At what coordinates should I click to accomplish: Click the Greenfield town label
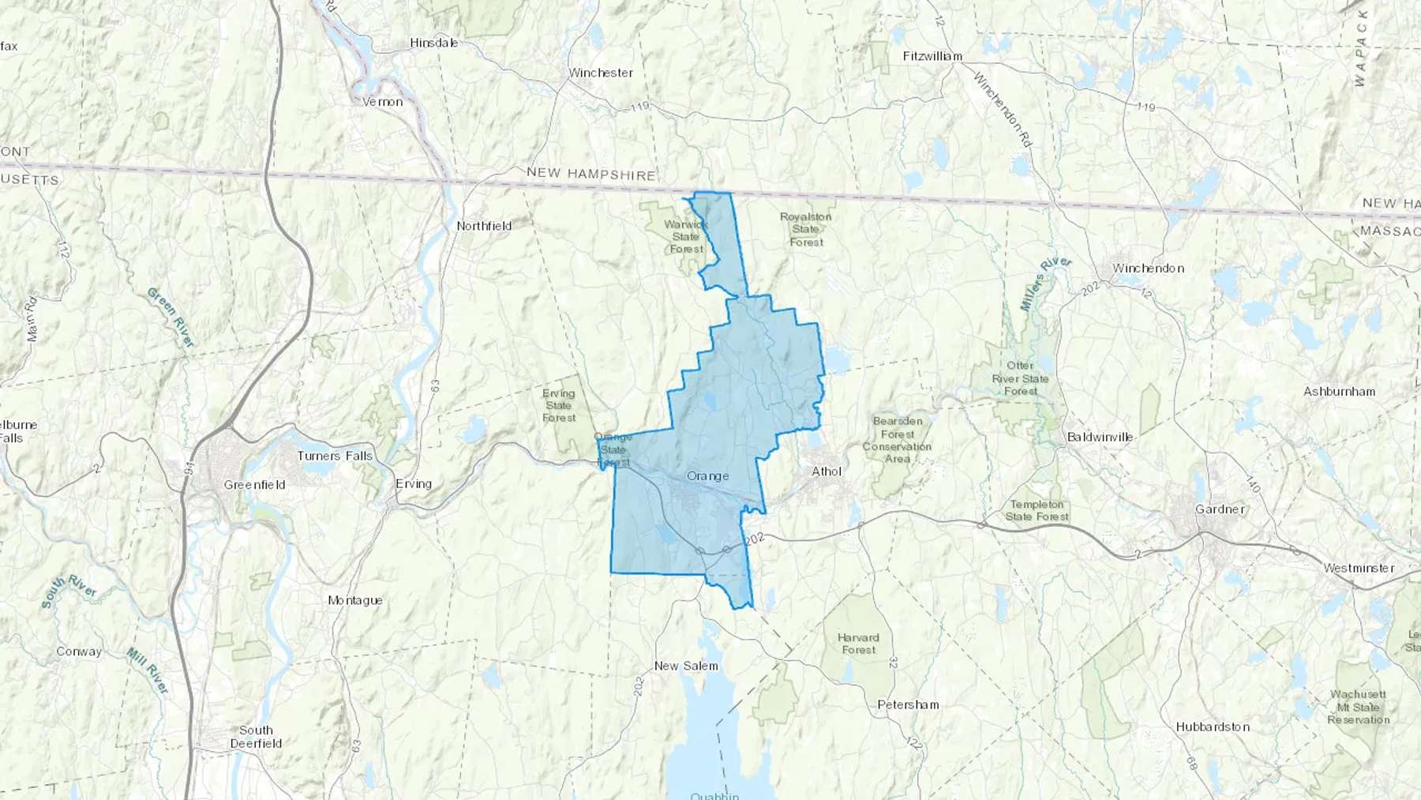[254, 485]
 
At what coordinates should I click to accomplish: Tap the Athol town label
[827, 471]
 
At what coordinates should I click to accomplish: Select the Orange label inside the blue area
[707, 476]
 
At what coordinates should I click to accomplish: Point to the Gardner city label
[1220, 509]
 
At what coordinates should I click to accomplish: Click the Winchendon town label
[1148, 269]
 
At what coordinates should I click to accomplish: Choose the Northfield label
[484, 226]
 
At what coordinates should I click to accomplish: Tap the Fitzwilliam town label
[932, 56]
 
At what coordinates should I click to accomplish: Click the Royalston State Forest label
[806, 230]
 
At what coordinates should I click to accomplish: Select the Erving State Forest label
[559, 405]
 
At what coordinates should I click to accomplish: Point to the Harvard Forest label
[858, 644]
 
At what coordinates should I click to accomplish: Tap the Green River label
[171, 317]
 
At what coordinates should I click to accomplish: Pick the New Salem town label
[686, 666]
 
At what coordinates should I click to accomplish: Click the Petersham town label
[908, 704]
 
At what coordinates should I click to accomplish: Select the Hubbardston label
[1213, 727]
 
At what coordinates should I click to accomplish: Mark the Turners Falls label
[335, 456]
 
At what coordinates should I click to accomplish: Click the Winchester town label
[601, 73]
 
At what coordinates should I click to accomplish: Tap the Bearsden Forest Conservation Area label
[897, 440]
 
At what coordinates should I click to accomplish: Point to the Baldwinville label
[1100, 437]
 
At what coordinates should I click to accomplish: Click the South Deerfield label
[256, 737]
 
